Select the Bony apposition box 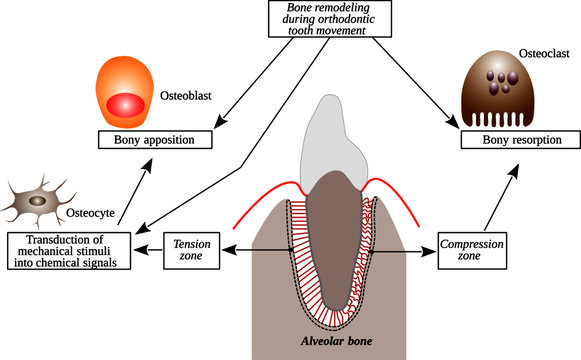click(x=157, y=140)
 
